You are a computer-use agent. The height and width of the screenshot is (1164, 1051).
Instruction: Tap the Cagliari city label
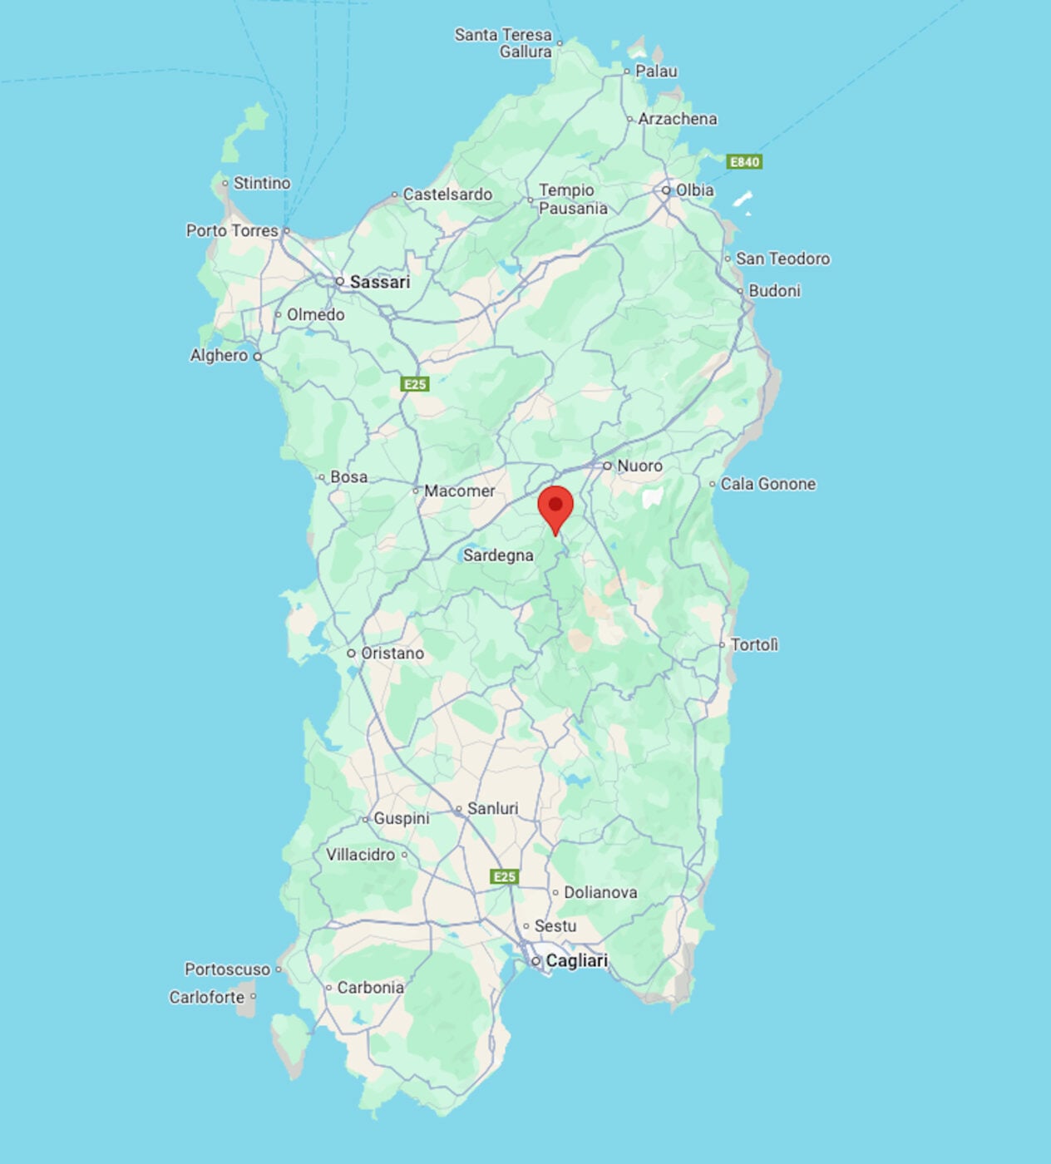[x=576, y=960]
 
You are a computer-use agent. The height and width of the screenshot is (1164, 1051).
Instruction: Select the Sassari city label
[x=379, y=282]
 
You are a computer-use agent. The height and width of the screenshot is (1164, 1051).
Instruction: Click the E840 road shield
[x=744, y=161]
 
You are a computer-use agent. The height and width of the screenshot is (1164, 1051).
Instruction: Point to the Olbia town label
[x=694, y=190]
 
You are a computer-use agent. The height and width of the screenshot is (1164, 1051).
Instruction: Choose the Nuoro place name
[x=639, y=466]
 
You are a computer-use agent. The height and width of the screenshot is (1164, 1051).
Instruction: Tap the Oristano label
[x=392, y=654]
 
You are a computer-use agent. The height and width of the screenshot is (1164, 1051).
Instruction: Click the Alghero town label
[x=219, y=355]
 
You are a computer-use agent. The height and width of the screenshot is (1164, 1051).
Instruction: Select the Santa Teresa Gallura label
[x=504, y=43]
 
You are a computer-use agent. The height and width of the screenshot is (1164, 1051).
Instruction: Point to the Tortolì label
[x=754, y=644]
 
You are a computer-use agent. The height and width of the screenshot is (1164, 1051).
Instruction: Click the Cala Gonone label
[x=767, y=484]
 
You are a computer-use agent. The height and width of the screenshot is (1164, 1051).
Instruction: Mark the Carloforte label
[x=207, y=997]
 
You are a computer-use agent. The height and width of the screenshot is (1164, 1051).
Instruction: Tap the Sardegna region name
[x=498, y=555]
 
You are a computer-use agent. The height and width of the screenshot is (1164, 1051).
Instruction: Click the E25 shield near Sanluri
[x=505, y=876]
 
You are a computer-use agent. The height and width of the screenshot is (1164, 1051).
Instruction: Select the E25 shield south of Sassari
[x=415, y=383]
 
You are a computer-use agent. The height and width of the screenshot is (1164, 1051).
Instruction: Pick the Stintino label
[x=262, y=183]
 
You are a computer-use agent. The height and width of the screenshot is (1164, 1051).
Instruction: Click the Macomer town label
[x=459, y=491]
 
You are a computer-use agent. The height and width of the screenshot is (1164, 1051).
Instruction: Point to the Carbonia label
[x=370, y=988]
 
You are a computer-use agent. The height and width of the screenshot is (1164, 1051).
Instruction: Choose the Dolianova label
[x=600, y=892]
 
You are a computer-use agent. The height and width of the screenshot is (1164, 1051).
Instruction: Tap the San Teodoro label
[x=782, y=259]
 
